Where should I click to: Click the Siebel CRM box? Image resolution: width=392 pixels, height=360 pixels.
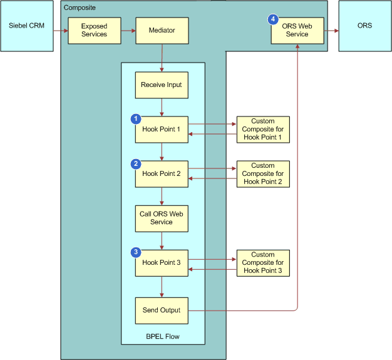[x=26, y=26]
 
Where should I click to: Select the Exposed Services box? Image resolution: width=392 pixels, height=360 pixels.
[x=94, y=30]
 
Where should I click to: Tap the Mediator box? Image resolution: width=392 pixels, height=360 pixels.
[x=162, y=30]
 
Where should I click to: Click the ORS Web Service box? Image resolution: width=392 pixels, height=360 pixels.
[x=297, y=30]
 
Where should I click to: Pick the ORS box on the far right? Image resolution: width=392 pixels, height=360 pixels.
[x=364, y=26]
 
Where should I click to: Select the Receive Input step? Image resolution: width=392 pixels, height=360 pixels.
[x=162, y=85]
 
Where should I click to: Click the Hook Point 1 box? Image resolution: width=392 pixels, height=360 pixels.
[x=162, y=130]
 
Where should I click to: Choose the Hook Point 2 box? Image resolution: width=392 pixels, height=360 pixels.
[x=162, y=174]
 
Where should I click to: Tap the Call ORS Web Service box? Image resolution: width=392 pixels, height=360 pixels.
[x=162, y=218]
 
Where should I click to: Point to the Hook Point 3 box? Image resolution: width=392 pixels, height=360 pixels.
[x=162, y=263]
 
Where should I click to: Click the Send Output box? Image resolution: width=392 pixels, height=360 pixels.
[x=162, y=310]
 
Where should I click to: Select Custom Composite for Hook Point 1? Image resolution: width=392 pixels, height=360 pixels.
[x=263, y=129]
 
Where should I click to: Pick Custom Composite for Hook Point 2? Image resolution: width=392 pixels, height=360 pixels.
[x=263, y=173]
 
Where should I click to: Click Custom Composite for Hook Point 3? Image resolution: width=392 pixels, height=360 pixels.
[x=263, y=262]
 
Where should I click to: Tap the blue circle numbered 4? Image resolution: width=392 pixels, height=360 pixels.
[x=273, y=19]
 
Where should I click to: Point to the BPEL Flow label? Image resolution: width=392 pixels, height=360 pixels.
[x=163, y=337]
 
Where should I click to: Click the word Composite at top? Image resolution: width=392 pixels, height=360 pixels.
[x=80, y=7]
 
